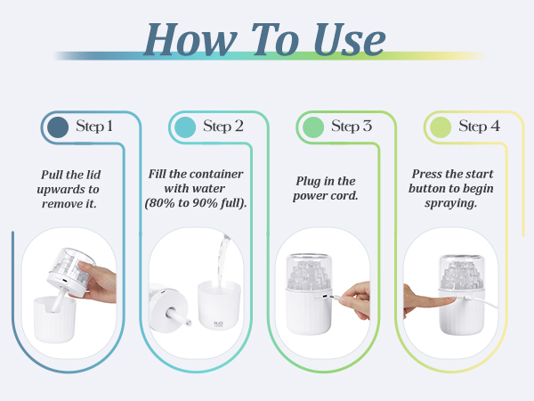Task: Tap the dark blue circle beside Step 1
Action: click(58, 127)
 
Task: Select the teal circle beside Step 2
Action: click(185, 127)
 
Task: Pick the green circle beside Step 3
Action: click(313, 127)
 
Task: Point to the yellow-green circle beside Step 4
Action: click(441, 127)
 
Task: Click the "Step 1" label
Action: click(93, 127)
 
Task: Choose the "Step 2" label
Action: click(223, 127)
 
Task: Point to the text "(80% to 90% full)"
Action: click(196, 203)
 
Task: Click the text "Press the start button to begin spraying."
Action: click(451, 189)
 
